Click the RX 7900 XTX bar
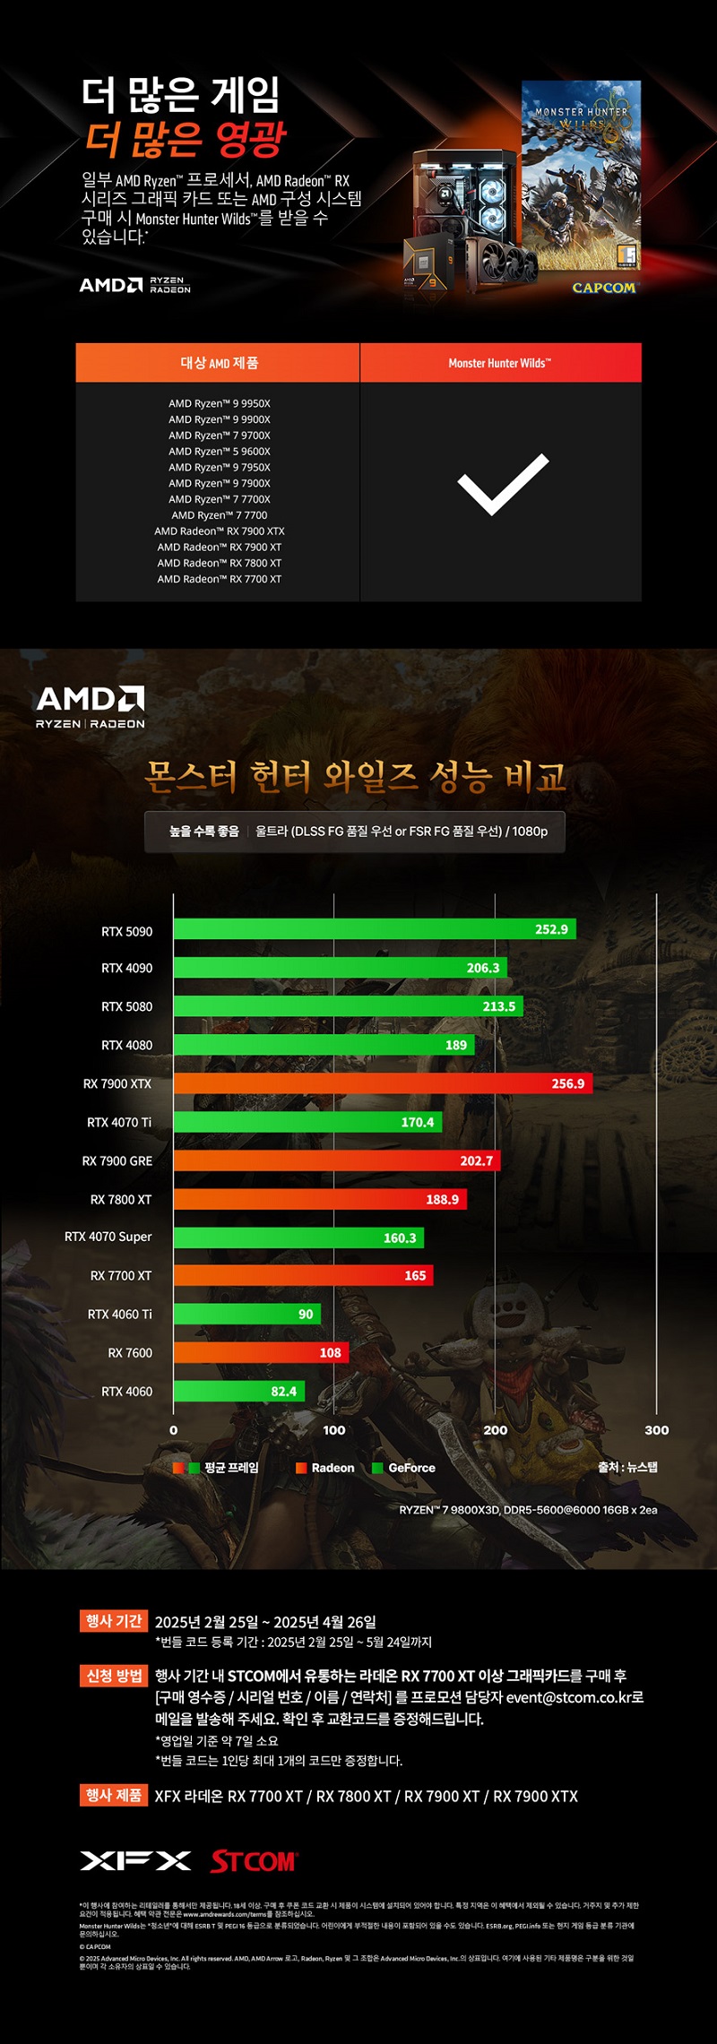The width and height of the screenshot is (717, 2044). [382, 1083]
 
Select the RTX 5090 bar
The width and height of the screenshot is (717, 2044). [374, 929]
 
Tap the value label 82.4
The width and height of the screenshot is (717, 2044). [283, 1391]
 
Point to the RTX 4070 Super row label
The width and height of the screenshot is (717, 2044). [108, 1237]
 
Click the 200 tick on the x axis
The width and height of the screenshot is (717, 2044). [495, 1430]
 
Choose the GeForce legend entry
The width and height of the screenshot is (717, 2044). [404, 1468]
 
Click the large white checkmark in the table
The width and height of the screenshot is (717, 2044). [502, 485]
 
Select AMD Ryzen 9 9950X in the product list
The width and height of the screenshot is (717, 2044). [220, 403]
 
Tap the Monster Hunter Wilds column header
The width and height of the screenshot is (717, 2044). [500, 363]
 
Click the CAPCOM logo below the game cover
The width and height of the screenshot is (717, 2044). [604, 288]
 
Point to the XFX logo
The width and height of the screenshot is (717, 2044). [135, 1861]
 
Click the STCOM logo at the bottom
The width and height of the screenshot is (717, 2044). [254, 1861]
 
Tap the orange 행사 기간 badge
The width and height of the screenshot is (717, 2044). [113, 1621]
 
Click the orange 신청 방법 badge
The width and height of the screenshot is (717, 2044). [113, 1676]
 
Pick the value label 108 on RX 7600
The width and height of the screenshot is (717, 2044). [330, 1352]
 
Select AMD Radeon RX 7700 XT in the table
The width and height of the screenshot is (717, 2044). [220, 579]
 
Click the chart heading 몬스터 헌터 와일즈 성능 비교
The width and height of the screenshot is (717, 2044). [356, 776]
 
